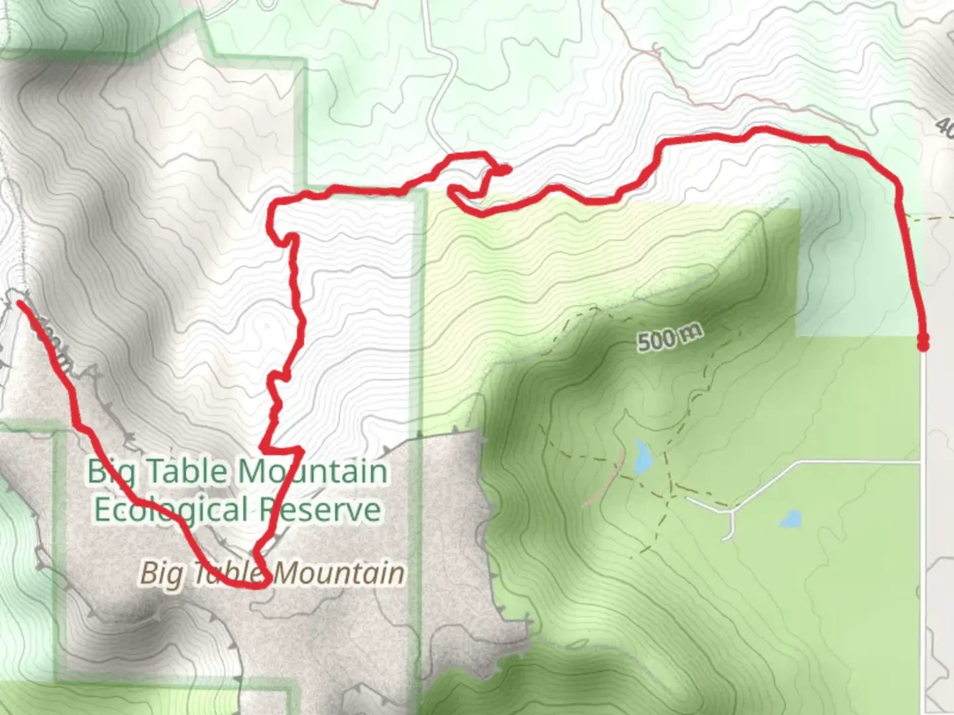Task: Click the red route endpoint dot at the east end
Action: pos(922,342)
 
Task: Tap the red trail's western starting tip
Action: pos(21,304)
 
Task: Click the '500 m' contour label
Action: pos(669,338)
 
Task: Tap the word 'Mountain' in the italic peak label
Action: pos(339,573)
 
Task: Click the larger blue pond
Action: pos(642,457)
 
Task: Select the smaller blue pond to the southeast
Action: pos(790,519)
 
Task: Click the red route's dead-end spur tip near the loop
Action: pos(506,170)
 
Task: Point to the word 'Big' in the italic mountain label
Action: pos(161,573)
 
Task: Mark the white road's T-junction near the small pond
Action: pos(731,510)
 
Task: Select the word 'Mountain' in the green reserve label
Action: pos(313,471)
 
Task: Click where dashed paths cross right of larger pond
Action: pos(670,494)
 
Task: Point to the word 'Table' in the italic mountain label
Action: pos(229,573)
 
